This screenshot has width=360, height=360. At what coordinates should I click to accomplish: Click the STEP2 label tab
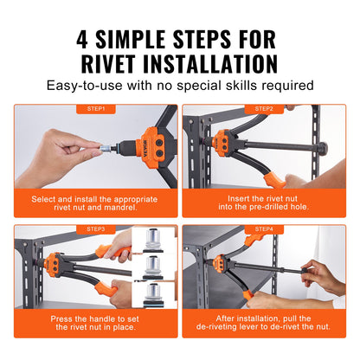click(265, 109)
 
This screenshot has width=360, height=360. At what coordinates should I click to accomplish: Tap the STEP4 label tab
click(265, 229)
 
